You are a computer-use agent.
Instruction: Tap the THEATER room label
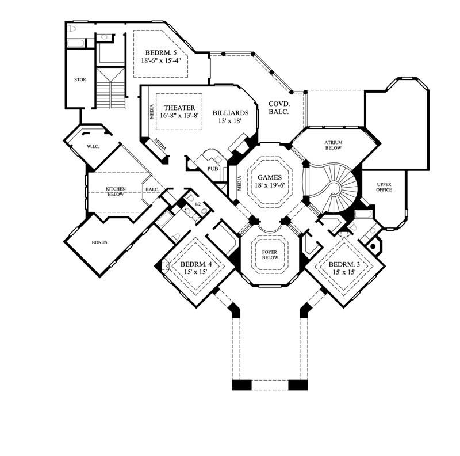[x=179, y=108]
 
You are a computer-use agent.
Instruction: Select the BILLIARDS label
[x=230, y=113]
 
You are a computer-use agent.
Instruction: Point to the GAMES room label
[x=270, y=177]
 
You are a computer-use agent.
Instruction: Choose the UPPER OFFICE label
[x=384, y=187]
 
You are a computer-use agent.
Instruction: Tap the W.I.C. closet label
[x=93, y=146]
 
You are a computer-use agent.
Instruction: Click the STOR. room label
[x=80, y=79]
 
